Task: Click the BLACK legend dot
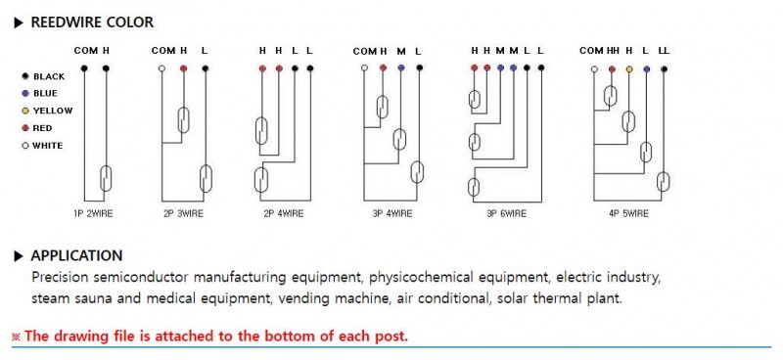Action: [x=25, y=76]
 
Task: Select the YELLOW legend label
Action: [x=53, y=111]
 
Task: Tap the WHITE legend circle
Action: [x=25, y=146]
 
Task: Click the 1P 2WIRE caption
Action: [x=93, y=213]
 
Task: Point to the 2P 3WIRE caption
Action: [x=183, y=213]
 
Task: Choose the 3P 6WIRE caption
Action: [x=506, y=213]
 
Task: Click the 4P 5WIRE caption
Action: [x=628, y=213]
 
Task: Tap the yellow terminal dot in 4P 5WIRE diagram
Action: [x=629, y=69]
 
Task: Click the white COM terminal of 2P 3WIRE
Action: [x=161, y=68]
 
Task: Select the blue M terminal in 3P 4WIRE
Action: [x=401, y=67]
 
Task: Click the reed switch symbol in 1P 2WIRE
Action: [x=106, y=178]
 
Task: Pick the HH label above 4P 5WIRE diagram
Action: [x=613, y=51]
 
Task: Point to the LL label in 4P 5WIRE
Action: [x=665, y=51]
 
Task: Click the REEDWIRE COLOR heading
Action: [x=92, y=22]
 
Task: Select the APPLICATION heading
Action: [x=76, y=255]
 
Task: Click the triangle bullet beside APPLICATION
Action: [x=19, y=256]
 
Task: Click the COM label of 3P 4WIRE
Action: [x=364, y=52]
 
